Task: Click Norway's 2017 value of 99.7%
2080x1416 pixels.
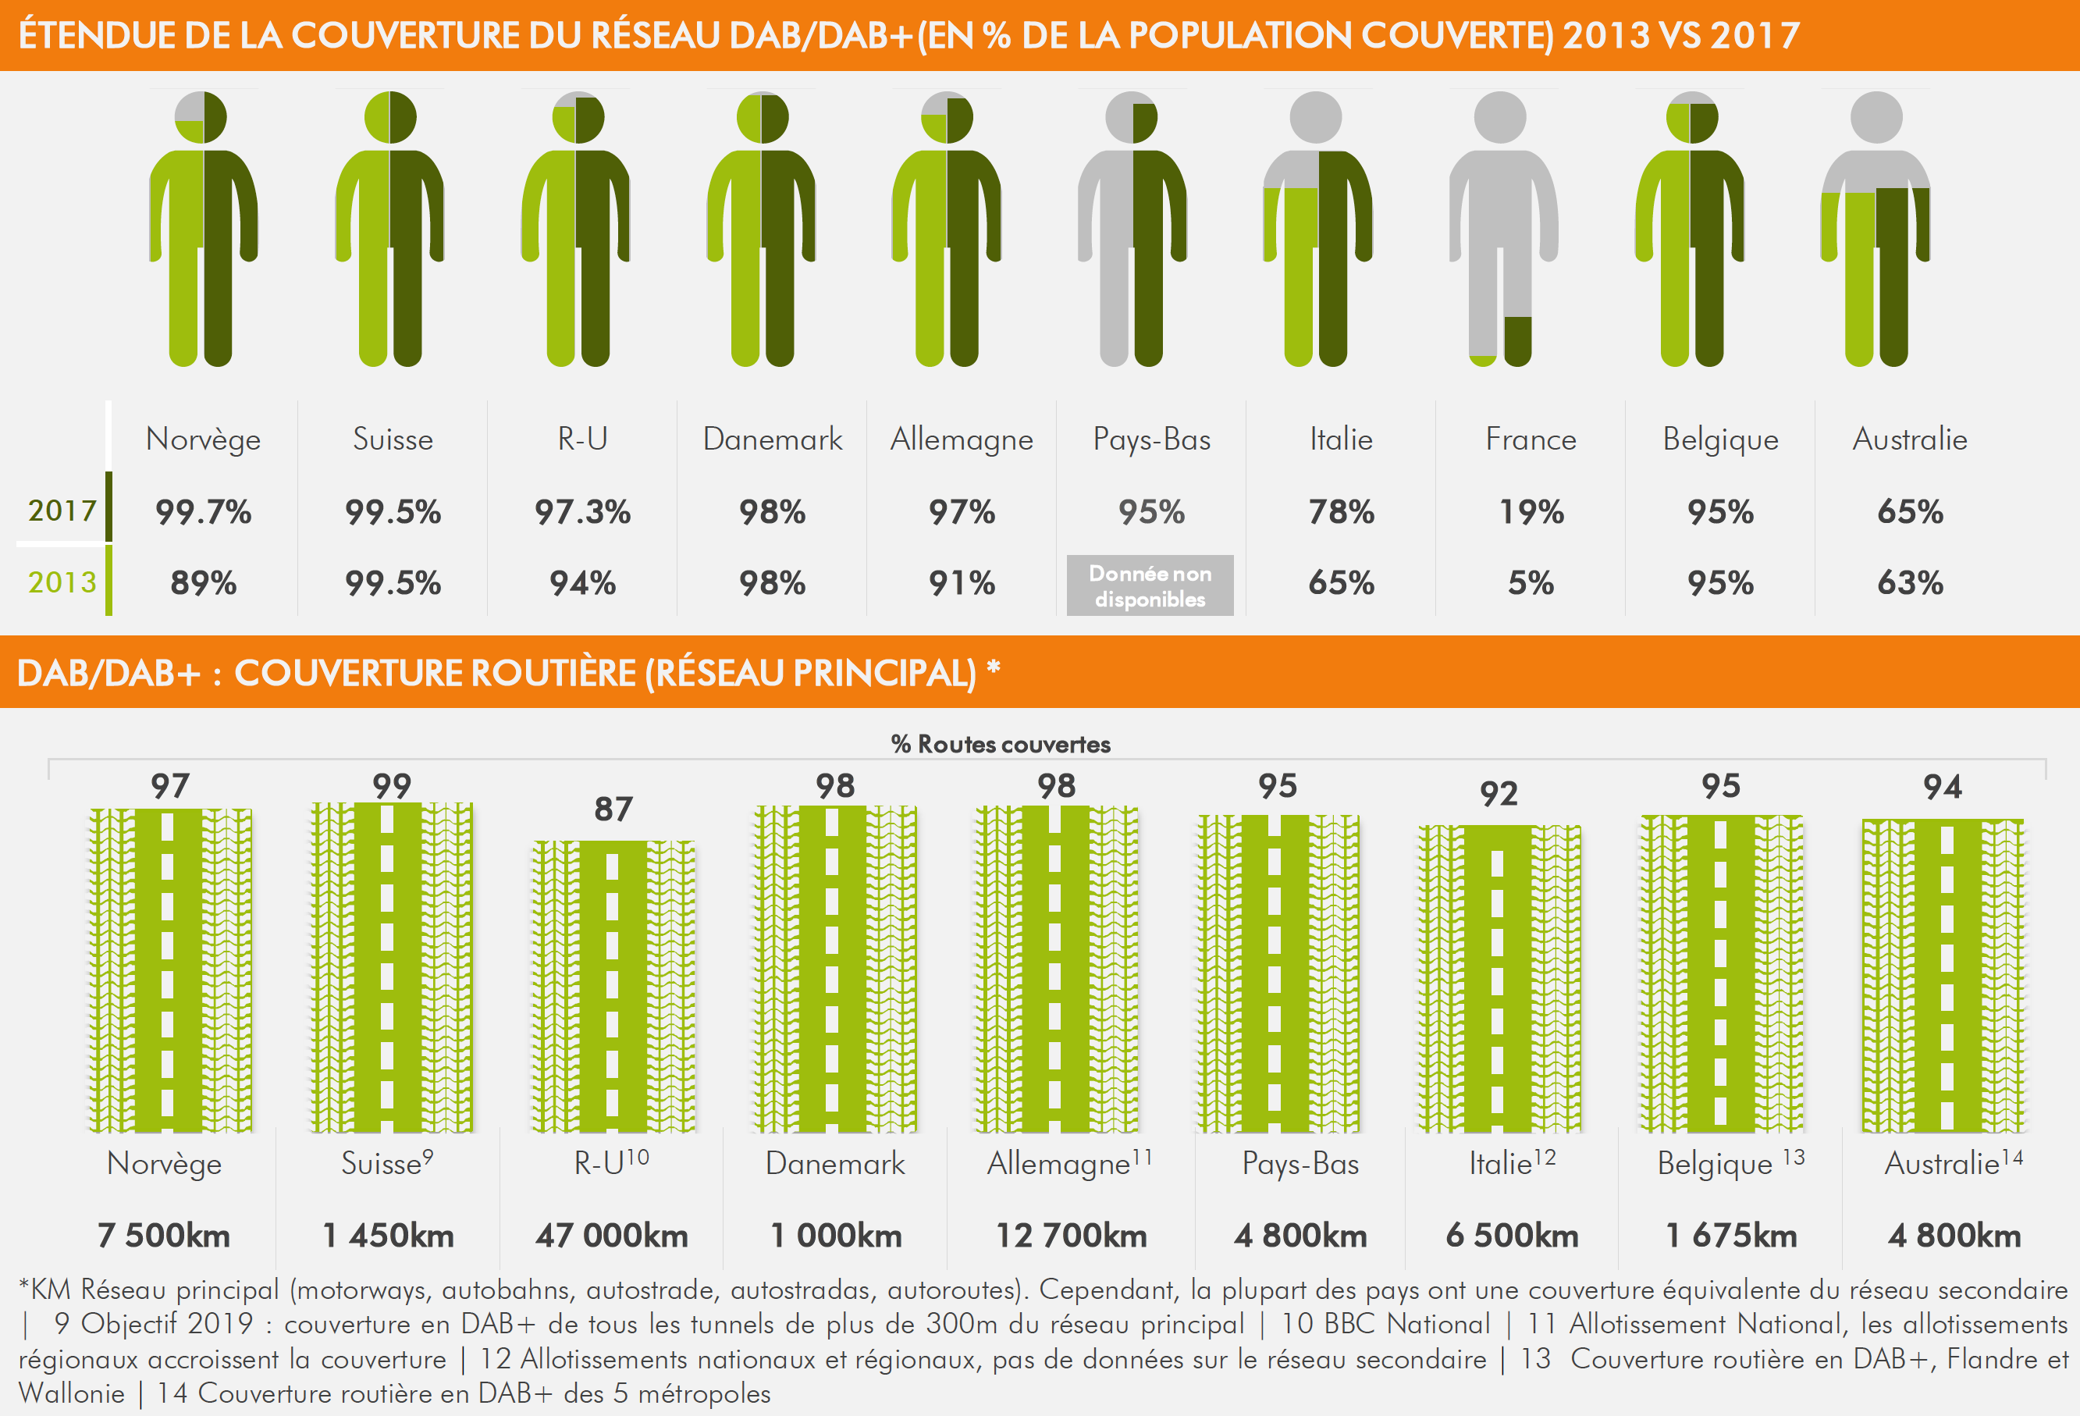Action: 203,512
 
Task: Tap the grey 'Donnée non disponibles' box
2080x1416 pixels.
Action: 1150,586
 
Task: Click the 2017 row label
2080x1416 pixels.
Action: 62,511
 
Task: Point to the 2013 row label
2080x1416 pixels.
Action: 62,582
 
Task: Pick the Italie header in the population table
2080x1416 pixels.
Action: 1341,439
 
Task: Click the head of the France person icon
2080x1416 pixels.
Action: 1500,117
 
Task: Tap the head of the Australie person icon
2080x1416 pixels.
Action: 1876,117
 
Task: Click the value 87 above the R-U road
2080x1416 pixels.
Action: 613,809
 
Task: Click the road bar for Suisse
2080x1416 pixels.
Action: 391,966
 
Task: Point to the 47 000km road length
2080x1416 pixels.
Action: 612,1236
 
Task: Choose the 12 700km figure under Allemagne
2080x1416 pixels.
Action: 1072,1236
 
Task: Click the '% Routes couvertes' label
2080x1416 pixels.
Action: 1001,744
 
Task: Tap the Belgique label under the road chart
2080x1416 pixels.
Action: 1715,1164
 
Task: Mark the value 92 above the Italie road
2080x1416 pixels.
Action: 1499,794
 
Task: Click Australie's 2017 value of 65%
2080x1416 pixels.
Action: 1910,512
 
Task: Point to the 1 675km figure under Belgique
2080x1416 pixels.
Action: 1731,1236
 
